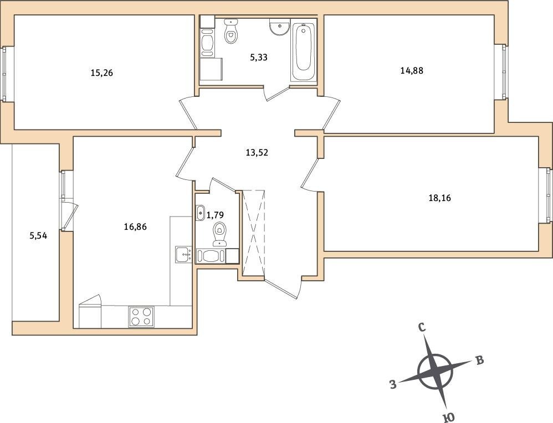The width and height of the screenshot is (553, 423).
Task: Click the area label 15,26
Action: tap(101, 73)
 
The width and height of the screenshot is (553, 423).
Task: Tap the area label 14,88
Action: tap(412, 71)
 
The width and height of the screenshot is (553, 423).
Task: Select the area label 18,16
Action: tap(439, 198)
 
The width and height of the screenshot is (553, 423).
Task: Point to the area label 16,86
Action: tap(135, 227)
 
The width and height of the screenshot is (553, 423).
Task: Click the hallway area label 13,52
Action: tap(257, 153)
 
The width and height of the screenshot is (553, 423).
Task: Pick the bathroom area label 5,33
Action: tap(259, 58)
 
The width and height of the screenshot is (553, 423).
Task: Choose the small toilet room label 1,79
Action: tap(215, 214)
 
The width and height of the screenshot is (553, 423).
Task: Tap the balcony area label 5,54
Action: tap(38, 235)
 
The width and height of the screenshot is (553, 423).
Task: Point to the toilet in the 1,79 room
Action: tap(220, 234)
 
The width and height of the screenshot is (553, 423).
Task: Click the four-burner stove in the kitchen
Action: tap(141, 317)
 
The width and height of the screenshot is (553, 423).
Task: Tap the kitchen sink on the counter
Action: tap(183, 255)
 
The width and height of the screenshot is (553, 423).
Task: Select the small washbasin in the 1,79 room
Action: tap(200, 213)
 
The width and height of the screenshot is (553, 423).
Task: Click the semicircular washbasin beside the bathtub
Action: tap(280, 27)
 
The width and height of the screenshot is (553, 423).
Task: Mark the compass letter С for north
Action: tap(422, 328)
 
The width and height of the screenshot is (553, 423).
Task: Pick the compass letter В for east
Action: tap(480, 360)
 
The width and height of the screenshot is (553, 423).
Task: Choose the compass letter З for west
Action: tap(393, 384)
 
